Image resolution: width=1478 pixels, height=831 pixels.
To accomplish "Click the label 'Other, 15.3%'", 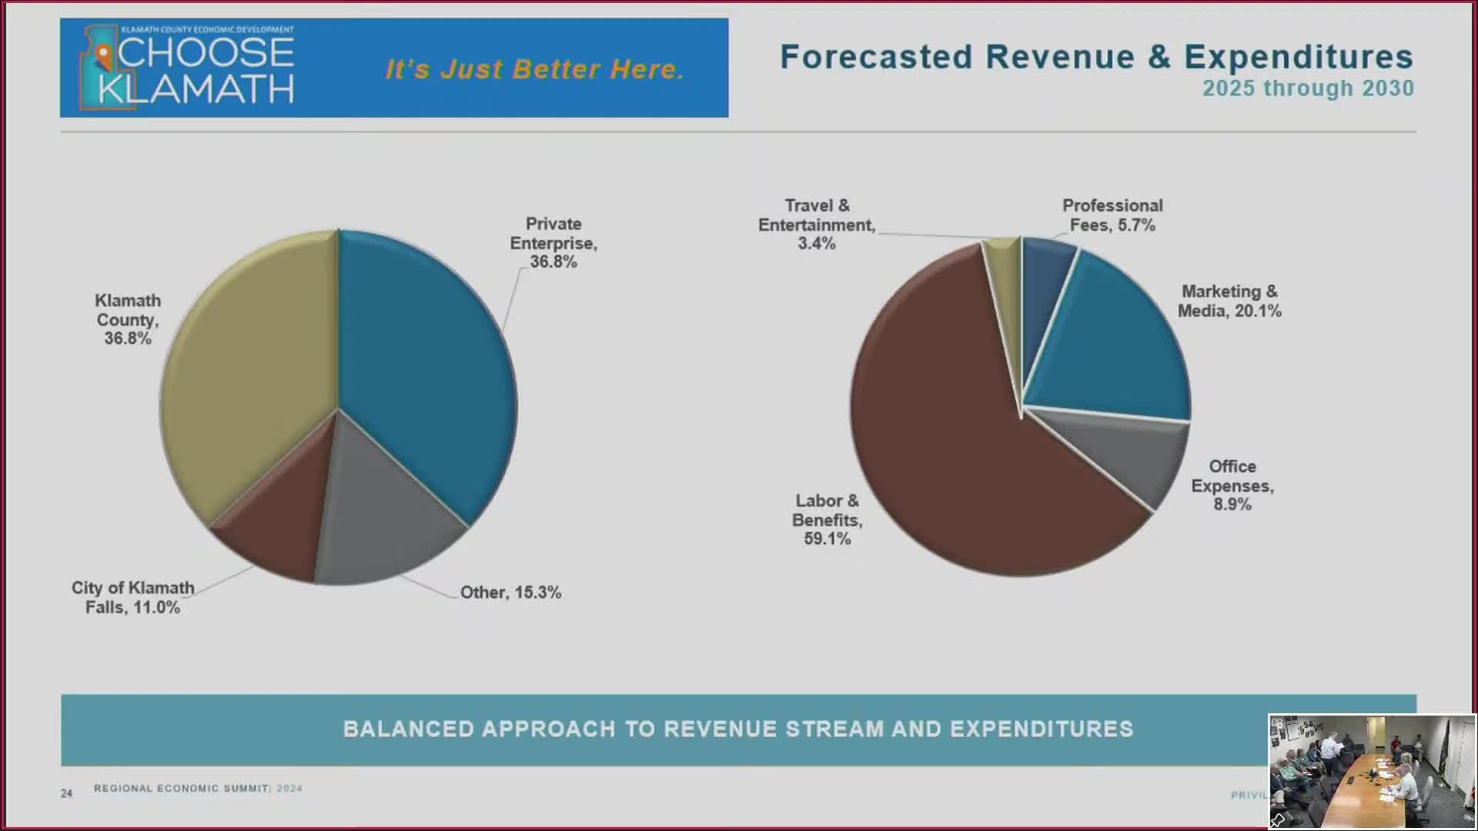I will pos(510,592).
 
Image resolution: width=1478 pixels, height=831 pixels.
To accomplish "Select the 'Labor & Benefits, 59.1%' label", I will pos(827,520).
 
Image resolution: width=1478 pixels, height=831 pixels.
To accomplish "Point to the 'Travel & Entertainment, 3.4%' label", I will pos(816,225).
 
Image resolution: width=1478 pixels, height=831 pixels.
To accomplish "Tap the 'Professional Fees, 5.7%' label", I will pos(1112,215).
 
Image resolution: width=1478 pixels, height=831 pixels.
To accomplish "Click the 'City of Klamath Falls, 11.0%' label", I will pos(132,598).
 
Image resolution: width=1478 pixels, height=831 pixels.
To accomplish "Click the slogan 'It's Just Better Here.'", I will pos(534,69).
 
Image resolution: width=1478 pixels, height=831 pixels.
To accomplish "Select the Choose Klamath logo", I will pos(187,68).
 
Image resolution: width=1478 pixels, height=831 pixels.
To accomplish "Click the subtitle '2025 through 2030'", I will pos(1308,88).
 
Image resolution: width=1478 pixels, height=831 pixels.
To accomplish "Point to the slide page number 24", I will pos(67,793).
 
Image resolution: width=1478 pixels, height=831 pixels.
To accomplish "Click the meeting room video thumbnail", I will pos(1371,771).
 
